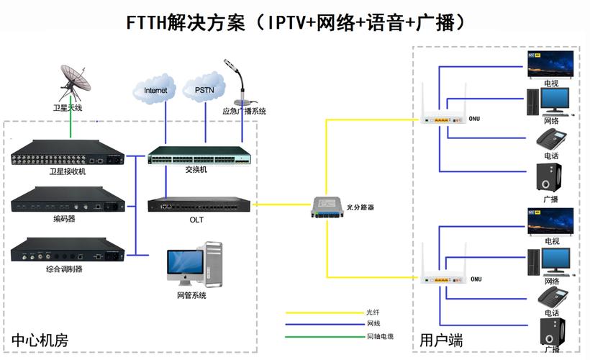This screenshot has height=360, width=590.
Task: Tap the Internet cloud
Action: pos(155,90)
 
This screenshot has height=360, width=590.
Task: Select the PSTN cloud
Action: pos(204,90)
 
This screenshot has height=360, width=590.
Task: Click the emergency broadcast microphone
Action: pos(237,82)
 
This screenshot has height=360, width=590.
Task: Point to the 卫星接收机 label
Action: pos(68,172)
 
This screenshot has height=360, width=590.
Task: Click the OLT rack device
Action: pos(199,205)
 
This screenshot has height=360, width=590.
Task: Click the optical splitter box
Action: pos(332,207)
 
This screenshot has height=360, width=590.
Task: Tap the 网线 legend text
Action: pos(373,325)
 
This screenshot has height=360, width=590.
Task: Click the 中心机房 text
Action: pos(39,340)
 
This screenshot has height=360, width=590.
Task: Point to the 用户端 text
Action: pos(441,340)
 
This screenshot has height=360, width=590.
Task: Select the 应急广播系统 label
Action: pos(244,112)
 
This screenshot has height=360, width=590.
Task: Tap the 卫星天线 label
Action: pos(70,108)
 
